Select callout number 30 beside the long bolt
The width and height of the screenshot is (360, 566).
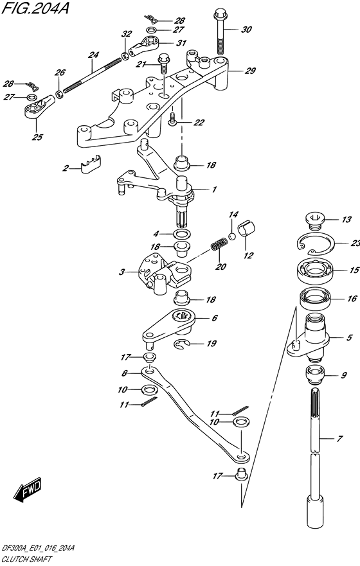(247, 30)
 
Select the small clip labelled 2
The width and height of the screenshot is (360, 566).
(92, 166)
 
